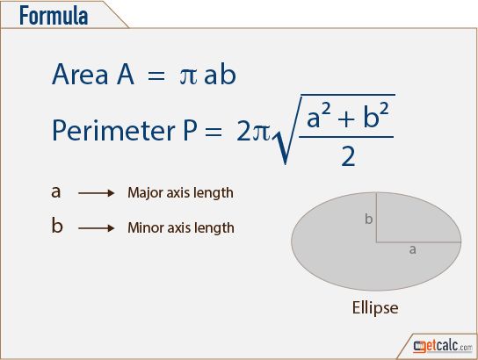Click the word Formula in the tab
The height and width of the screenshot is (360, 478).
(x=54, y=16)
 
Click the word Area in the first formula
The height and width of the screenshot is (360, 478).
(x=80, y=74)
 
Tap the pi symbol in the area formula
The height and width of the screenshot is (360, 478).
(x=188, y=76)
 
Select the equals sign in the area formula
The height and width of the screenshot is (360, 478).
(x=156, y=76)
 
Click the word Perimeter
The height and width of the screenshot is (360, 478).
(x=113, y=130)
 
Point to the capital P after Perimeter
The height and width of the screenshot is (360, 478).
(x=190, y=130)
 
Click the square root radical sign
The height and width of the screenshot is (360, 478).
(x=286, y=130)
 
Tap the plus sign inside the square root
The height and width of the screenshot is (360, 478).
(x=346, y=119)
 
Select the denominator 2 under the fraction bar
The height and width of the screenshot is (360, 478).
(x=348, y=156)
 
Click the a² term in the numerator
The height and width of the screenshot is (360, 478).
(x=319, y=115)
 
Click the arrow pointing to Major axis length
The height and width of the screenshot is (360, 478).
(x=96, y=193)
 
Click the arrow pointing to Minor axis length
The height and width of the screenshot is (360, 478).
(x=96, y=227)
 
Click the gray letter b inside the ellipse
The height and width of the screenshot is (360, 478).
(x=368, y=219)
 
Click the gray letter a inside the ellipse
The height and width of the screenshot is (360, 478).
(x=412, y=249)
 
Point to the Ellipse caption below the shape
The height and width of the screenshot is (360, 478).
(x=375, y=307)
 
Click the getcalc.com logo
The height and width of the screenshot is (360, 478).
(x=443, y=346)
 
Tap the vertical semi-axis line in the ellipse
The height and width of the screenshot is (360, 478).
(x=376, y=217)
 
